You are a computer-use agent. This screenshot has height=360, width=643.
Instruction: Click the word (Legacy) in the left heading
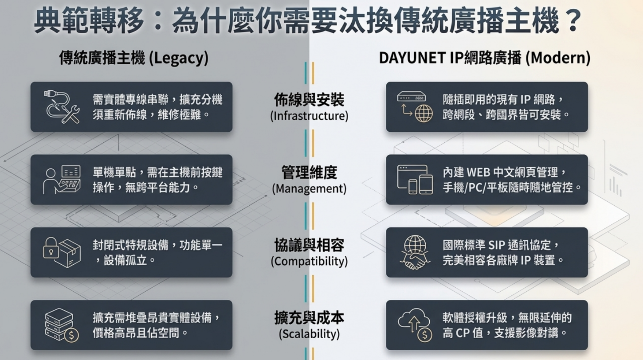[179, 58]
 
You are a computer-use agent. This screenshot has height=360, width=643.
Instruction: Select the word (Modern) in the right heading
[558, 58]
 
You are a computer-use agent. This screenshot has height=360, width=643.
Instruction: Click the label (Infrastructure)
[309, 116]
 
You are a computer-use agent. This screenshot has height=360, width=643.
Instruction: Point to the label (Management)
[309, 189]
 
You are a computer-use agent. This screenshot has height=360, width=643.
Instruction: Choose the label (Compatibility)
[309, 261]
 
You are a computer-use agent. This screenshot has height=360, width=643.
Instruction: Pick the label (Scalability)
[309, 334]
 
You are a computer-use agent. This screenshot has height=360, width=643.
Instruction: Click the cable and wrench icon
[62, 107]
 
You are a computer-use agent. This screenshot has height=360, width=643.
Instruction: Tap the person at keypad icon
[62, 180]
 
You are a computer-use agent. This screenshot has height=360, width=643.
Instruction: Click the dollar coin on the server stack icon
[71, 335]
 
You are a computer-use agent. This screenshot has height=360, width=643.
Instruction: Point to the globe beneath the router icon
[423, 113]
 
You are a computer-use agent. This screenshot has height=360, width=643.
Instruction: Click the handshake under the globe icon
[415, 262]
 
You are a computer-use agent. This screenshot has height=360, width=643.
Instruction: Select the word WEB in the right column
[478, 172]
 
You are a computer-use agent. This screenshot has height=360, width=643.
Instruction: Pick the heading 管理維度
[309, 172]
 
